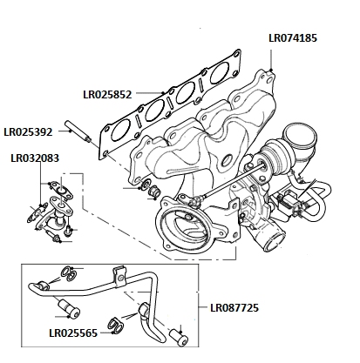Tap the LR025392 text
(29, 132)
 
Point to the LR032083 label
(36, 159)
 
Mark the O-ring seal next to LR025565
(113, 326)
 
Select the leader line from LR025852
(153, 92)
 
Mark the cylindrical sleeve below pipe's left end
(66, 307)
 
